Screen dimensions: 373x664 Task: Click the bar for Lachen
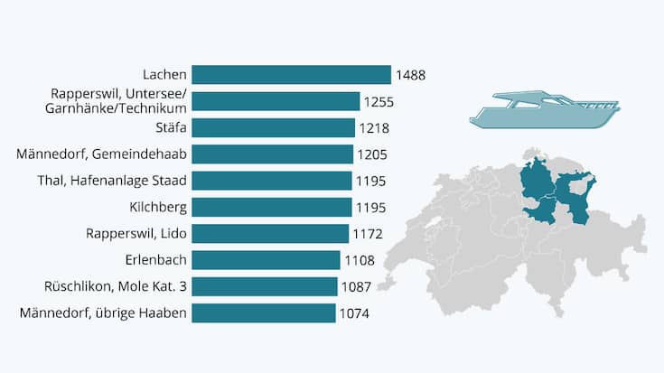[291, 75]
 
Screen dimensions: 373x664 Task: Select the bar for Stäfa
[273, 128]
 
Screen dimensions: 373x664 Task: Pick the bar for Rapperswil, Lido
[270, 234]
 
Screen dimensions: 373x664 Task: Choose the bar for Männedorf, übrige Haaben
[263, 313]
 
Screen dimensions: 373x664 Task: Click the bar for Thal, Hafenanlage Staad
[272, 181]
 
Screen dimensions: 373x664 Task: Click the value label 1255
[379, 101]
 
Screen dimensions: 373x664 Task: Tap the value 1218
[373, 128]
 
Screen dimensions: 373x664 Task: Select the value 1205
[371, 154]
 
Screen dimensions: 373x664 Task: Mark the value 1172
[367, 234]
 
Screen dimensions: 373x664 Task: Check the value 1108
[359, 260]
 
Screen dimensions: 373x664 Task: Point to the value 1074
[353, 313]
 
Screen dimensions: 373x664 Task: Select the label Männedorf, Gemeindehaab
[101, 154]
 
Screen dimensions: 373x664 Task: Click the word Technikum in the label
[154, 108]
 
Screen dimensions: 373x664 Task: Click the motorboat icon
[545, 110]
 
